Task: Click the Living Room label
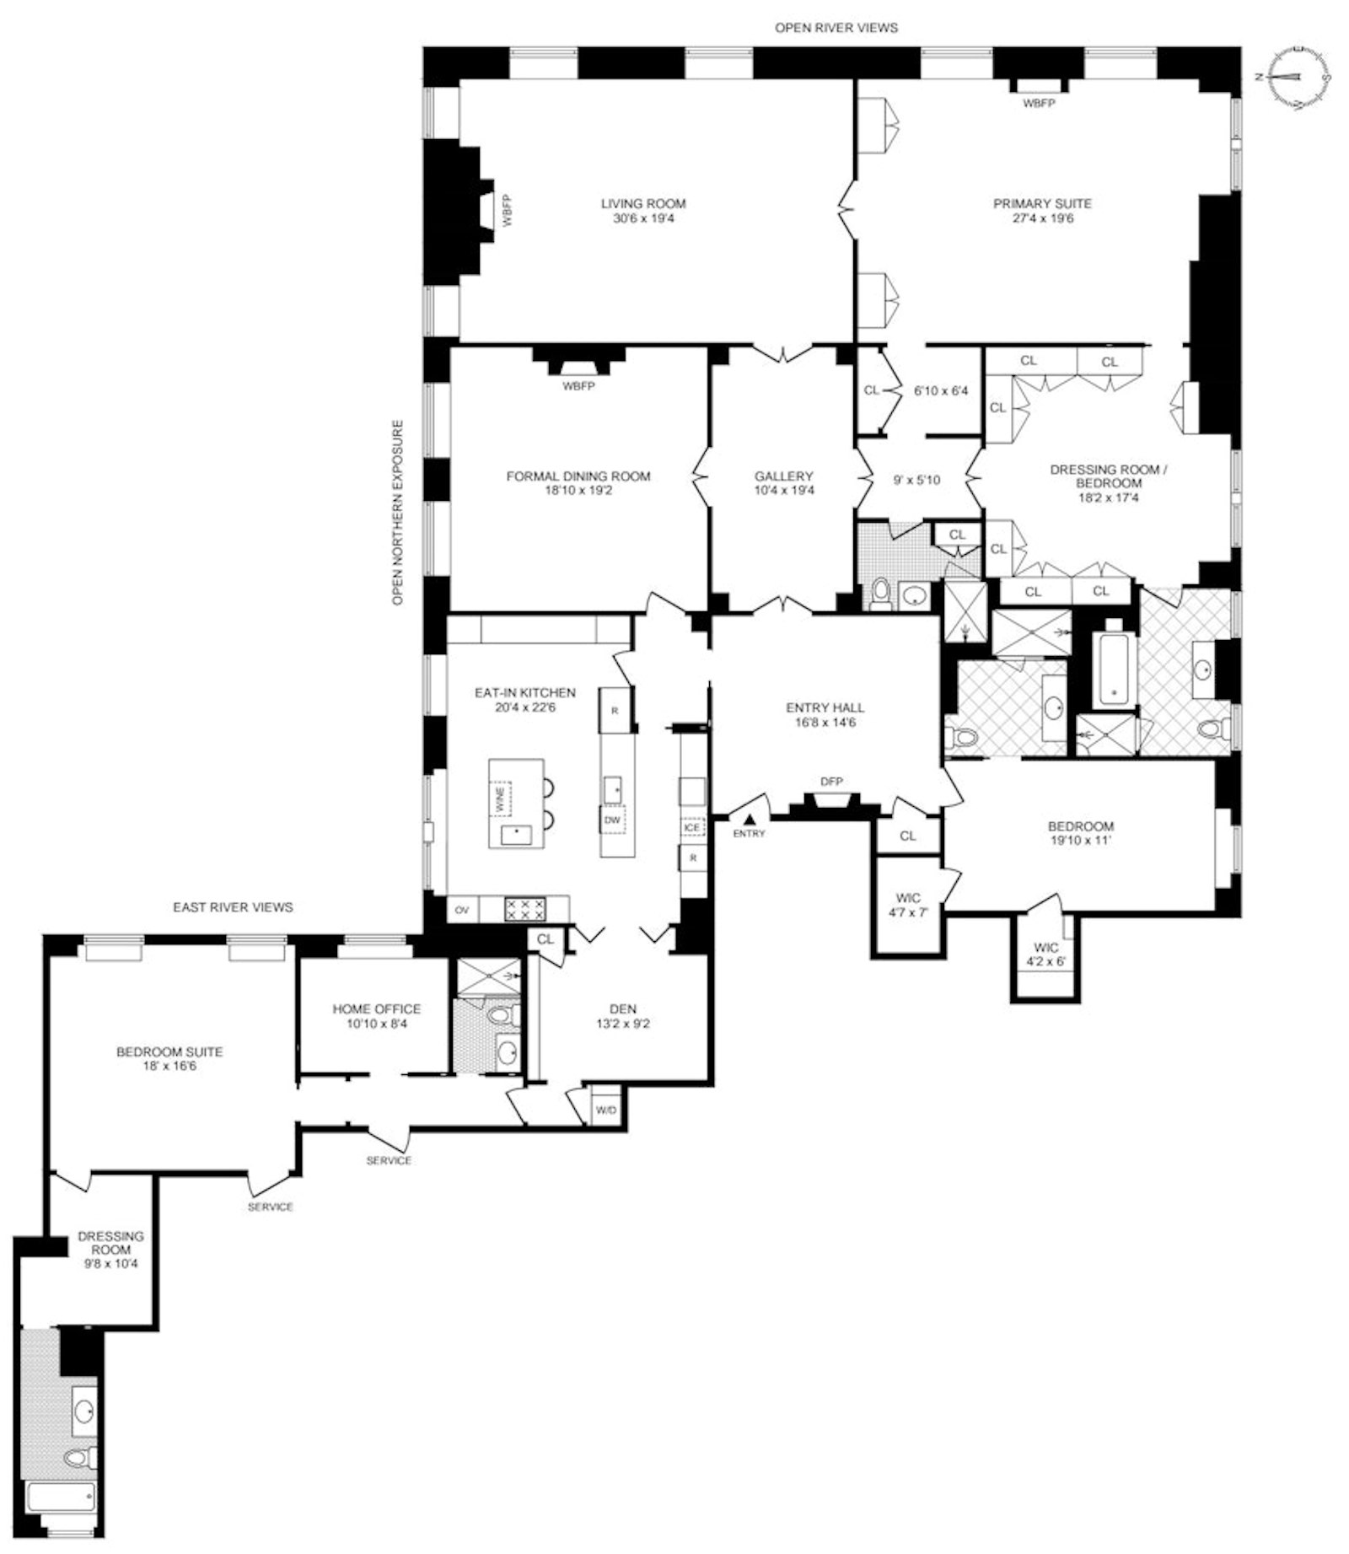pos(642,203)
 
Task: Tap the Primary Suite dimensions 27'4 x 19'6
pos(1042,218)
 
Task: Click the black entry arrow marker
pos(750,818)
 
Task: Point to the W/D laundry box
pos(606,1110)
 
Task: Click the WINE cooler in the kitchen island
pos(501,799)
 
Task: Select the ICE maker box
pos(692,827)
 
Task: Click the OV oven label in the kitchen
pos(462,910)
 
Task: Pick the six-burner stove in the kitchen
pos(524,909)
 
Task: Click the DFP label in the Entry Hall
pos(831,782)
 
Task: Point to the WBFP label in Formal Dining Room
pos(578,386)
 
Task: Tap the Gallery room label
pos(783,476)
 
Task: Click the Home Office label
pos(376,1008)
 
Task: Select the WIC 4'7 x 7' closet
pos(908,905)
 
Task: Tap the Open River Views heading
pos(836,28)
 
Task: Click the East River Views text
pos(233,907)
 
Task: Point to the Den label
pos(623,1008)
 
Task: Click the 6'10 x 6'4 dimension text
pos(941,391)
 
